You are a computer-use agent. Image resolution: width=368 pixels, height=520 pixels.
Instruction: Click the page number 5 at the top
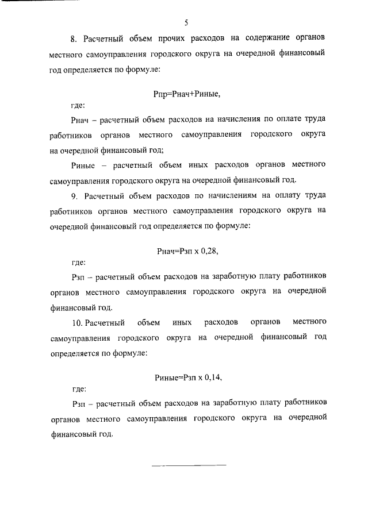point(186,23)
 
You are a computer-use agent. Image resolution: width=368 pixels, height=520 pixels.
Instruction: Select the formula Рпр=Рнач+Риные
point(188,93)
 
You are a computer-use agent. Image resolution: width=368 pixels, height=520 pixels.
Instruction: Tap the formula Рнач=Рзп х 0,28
point(188,251)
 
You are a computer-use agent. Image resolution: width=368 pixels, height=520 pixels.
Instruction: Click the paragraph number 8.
point(74,38)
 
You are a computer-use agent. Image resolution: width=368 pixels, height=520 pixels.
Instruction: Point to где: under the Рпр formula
point(78,105)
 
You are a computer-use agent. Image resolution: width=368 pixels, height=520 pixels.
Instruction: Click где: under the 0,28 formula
point(78,263)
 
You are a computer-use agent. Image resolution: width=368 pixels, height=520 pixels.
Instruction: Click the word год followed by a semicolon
point(157,150)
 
